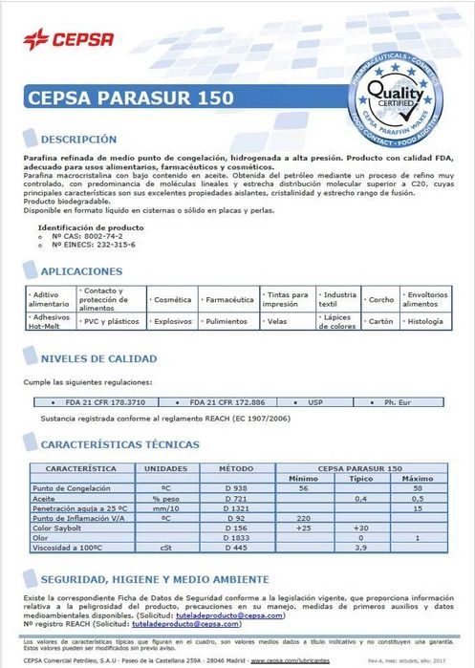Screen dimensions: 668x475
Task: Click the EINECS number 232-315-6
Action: coord(93,245)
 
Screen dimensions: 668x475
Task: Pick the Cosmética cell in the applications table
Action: coord(173,299)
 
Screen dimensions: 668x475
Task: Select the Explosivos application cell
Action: coord(174,322)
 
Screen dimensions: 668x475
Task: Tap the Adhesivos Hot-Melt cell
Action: coord(50,322)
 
